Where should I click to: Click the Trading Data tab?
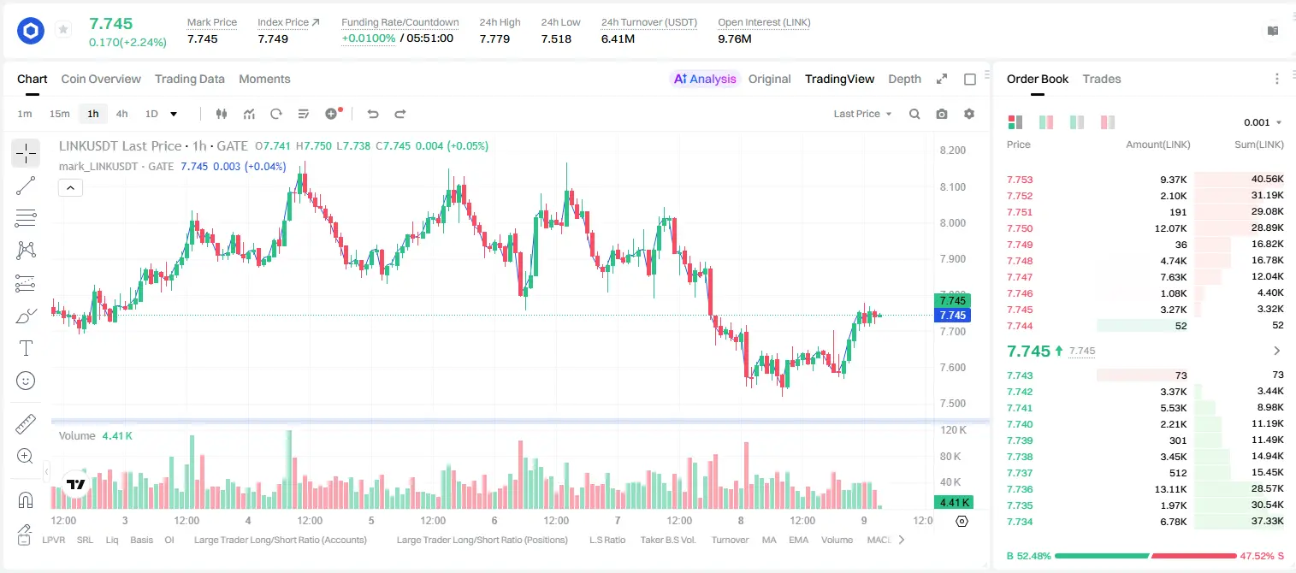[189, 79]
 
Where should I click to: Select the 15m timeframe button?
[60, 114]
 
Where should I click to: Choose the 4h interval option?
[121, 114]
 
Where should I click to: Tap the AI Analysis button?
[705, 79]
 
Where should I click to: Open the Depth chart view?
[904, 79]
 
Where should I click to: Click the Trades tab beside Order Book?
[1102, 79]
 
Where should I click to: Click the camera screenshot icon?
[942, 114]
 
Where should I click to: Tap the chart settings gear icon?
[969, 114]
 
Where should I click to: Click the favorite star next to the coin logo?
[63, 29]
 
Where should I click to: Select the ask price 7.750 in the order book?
[1020, 228]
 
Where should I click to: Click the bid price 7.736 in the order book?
[1020, 489]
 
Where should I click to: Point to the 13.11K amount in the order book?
[1170, 489]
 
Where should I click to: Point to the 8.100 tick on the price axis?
[953, 186]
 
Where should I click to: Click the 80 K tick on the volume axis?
[950, 456]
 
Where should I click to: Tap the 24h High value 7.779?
[494, 38]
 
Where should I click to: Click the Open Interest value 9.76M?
[735, 38]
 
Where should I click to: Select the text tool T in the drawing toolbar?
[26, 348]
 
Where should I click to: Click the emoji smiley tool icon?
[26, 381]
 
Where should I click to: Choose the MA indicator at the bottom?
[769, 540]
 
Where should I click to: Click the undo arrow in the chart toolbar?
[373, 114]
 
